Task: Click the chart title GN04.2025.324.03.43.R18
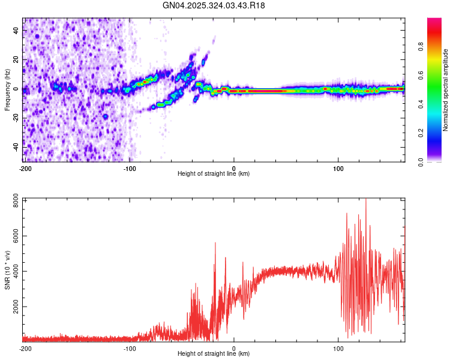coord(214,5)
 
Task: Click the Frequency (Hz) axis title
coord(8,89)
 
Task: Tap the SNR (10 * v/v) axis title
coord(8,269)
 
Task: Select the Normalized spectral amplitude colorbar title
coord(446,89)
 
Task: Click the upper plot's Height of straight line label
coord(214,174)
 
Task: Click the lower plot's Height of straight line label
coord(214,354)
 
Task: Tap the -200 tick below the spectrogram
coord(25,168)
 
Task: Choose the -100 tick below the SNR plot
coord(130,348)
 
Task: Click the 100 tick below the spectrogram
coord(338,168)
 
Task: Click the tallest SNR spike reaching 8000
coord(365,200)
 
